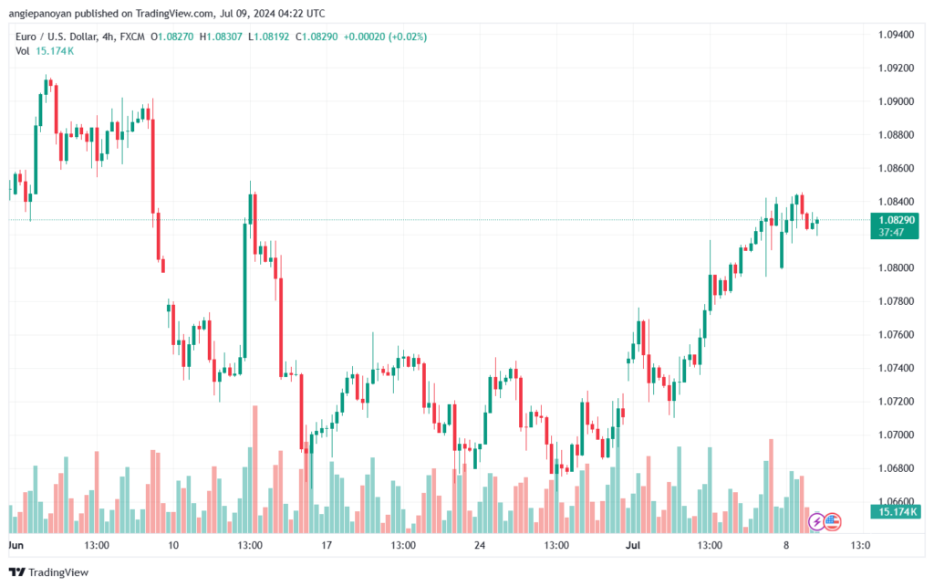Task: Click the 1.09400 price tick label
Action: [894, 35]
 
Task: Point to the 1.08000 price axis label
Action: [894, 267]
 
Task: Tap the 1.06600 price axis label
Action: [894, 501]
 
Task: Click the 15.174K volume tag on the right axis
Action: [893, 513]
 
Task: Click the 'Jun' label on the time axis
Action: [16, 544]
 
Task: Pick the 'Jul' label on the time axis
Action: [633, 544]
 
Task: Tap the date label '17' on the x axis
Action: [327, 544]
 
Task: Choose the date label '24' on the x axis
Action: [480, 544]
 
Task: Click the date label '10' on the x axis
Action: [173, 544]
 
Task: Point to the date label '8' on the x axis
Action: [785, 544]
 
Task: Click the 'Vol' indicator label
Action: [22, 50]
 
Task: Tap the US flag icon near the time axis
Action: [833, 522]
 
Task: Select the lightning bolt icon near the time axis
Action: [817, 522]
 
